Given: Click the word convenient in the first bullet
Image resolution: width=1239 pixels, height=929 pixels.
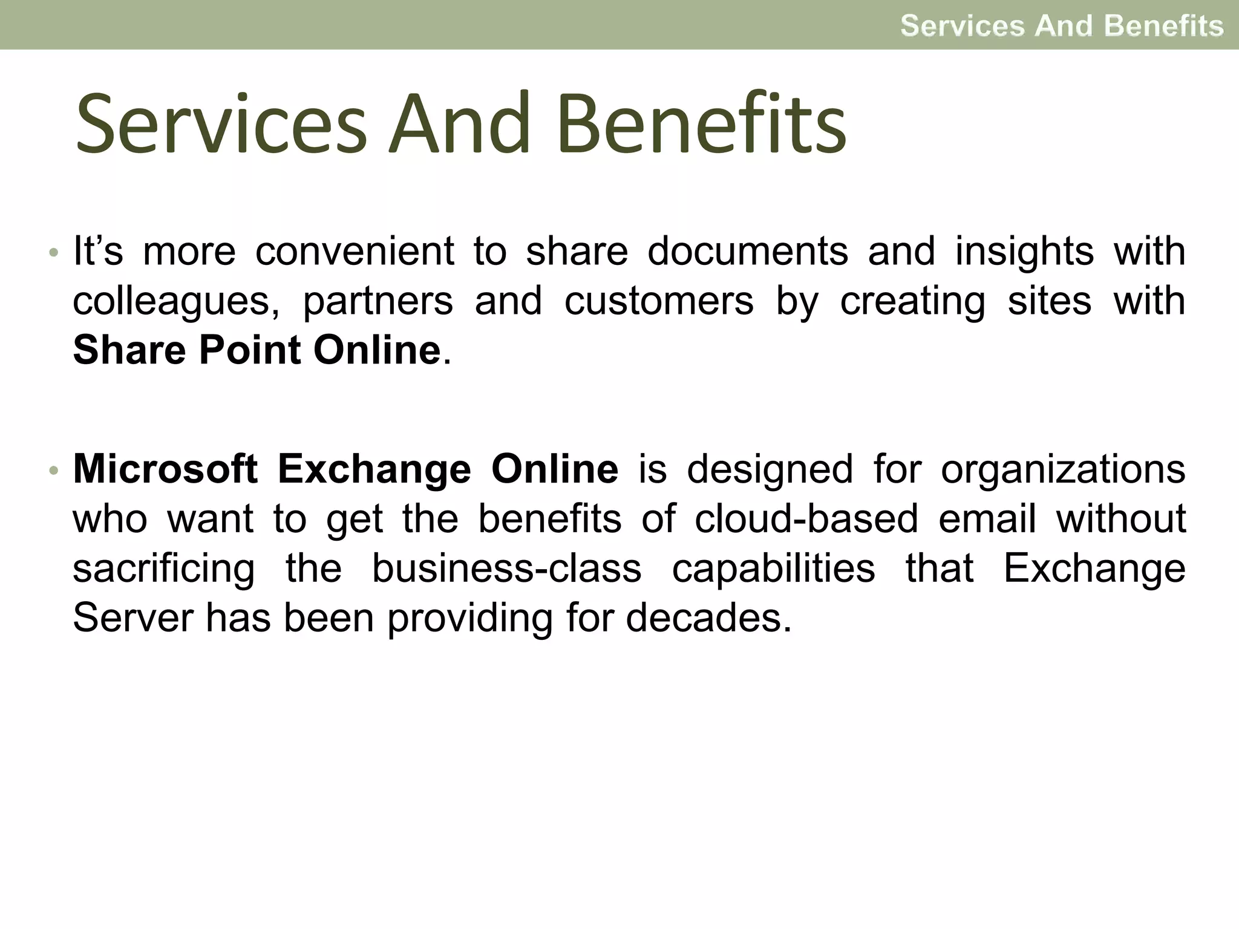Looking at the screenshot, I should coord(354,251).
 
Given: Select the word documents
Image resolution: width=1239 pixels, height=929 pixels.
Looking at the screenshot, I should coord(748,251).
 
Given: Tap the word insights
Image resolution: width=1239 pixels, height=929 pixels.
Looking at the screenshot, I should coord(1024,252).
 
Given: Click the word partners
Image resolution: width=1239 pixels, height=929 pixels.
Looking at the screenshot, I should coord(378,301).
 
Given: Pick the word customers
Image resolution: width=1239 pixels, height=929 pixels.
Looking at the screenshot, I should coord(659,301).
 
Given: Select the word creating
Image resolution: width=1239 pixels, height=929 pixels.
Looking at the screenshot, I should coord(912,301).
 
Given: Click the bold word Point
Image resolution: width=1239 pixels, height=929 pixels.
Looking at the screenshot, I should coord(250,350).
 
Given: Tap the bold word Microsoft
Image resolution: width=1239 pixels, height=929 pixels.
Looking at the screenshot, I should coord(165,469).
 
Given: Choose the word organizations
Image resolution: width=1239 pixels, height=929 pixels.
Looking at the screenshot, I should coord(1063,470).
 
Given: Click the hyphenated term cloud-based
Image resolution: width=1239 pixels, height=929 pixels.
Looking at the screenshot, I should coord(806,519).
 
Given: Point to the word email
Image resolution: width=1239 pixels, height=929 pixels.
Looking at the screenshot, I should coord(987,519).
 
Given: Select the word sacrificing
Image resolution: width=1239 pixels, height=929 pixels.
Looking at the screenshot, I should coord(164,569).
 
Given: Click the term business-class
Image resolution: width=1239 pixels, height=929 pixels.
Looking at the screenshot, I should coord(506,569).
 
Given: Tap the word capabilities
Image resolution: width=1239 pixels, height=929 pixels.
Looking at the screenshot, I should coord(773,569).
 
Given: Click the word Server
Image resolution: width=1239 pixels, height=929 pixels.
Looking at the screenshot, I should coord(132,618).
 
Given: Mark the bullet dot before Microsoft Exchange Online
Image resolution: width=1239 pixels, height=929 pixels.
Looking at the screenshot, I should coord(54,470).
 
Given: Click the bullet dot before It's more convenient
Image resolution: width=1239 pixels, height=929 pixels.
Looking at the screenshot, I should coord(54,252).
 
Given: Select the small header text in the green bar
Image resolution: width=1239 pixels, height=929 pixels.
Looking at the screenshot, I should coord(1062,25).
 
